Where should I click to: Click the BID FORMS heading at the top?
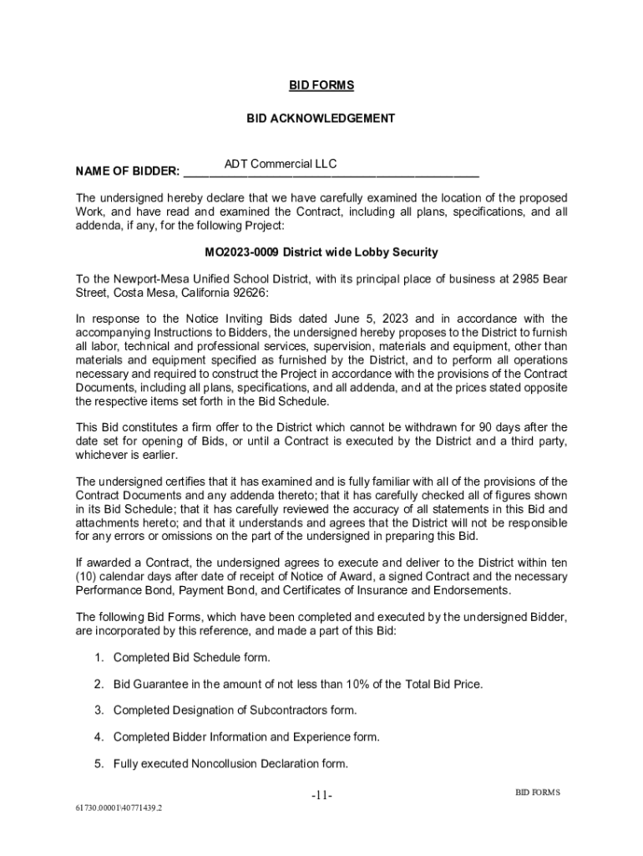pos(321,85)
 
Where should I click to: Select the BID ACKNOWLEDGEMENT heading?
pos(321,119)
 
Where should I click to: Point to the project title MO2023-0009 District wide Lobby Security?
pos(321,252)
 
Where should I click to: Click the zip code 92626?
pos(252,293)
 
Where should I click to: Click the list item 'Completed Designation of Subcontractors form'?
pos(235,711)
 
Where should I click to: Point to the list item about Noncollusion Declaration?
pos(230,763)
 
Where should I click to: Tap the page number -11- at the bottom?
pos(321,796)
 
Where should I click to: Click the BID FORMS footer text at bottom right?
pos(537,792)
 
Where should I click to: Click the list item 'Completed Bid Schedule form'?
pos(191,658)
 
